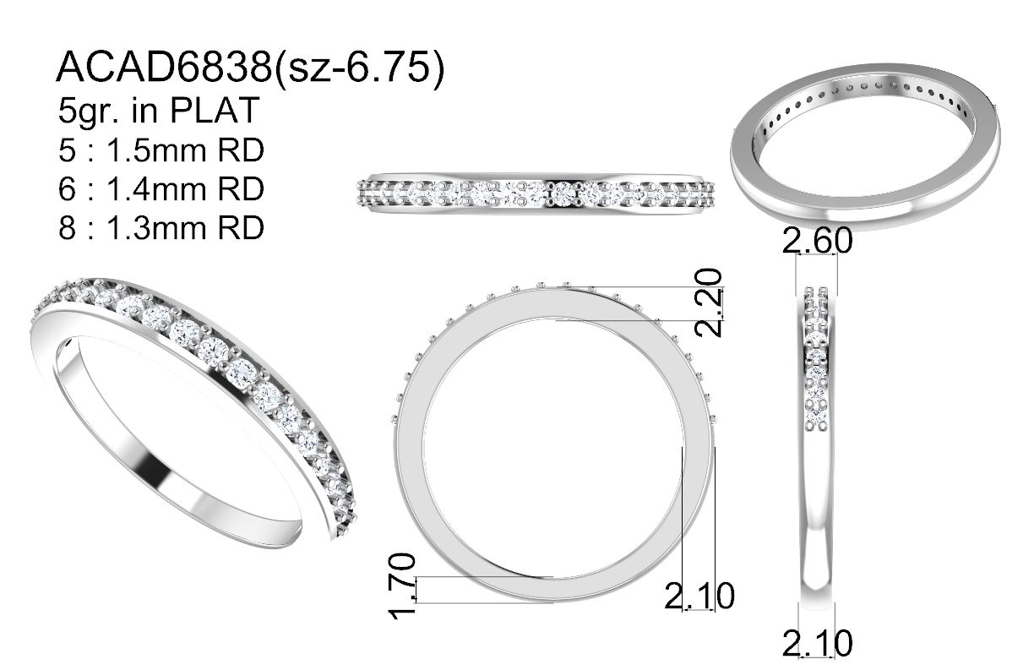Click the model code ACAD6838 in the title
click(165, 68)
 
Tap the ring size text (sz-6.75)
click(359, 68)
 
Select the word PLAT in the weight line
click(215, 111)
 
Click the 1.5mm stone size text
click(156, 150)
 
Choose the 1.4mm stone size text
click(156, 189)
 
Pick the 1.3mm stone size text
click(156, 228)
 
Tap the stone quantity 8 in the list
click(67, 228)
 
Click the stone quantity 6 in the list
click(67, 189)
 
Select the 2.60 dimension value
click(818, 241)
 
